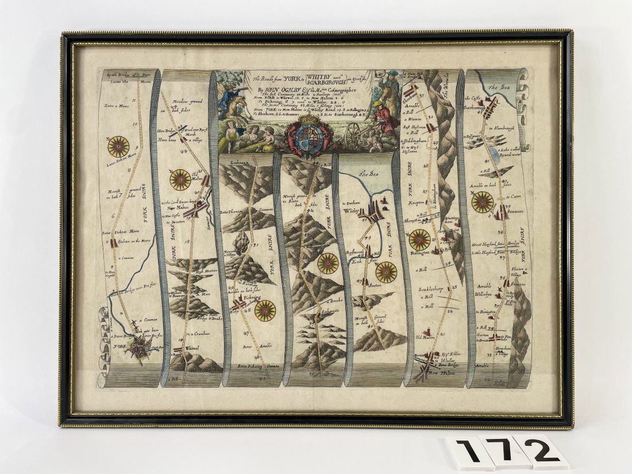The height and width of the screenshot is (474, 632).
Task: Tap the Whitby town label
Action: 351,211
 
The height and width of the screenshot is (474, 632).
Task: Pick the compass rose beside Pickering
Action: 265,311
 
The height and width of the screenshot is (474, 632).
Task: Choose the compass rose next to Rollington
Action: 420,240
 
